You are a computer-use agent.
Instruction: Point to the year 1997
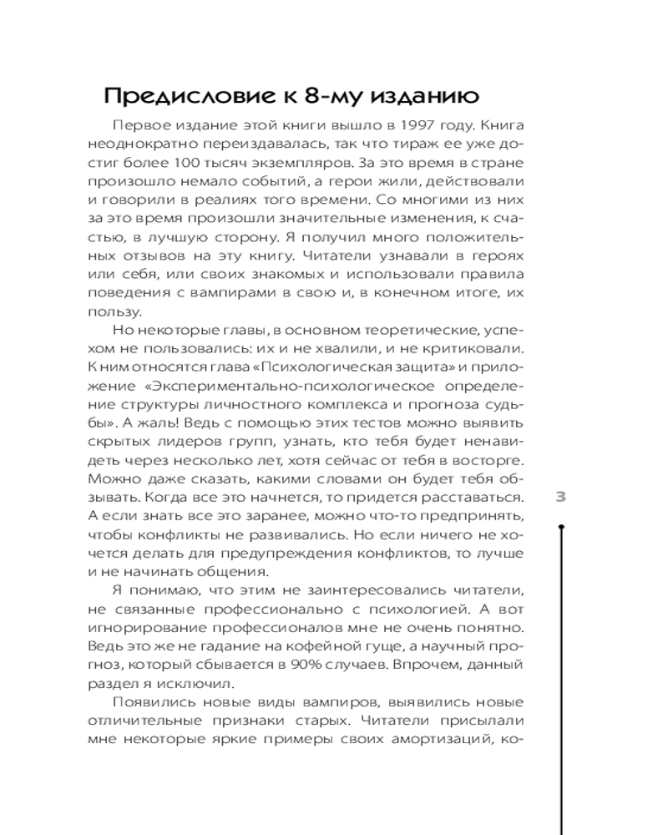416,124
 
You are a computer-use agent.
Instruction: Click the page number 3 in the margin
561,496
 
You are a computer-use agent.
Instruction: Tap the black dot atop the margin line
561,527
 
